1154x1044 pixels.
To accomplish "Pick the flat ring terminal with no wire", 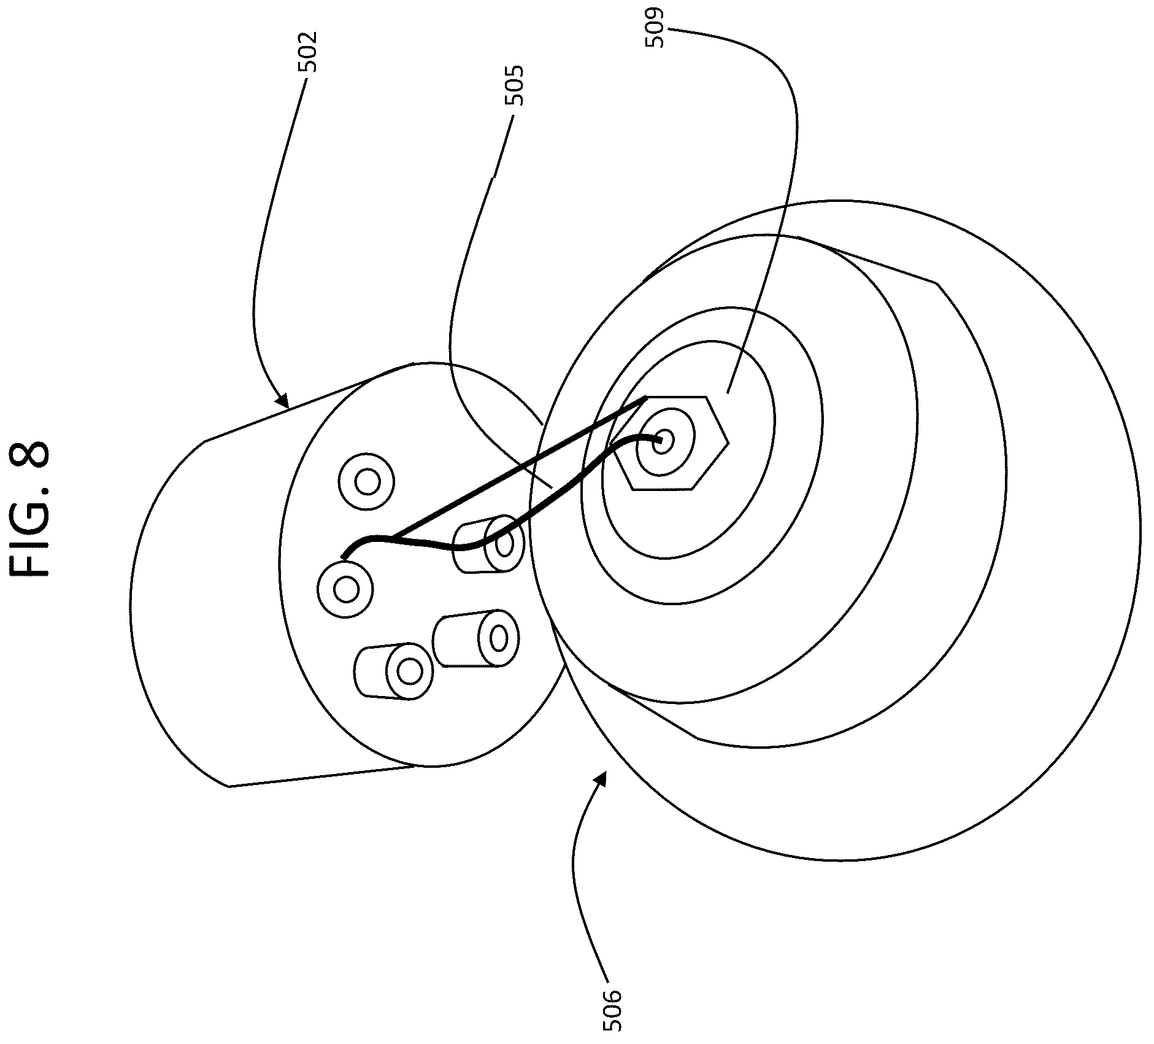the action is [367, 482].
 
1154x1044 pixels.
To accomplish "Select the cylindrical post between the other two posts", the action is [476, 639].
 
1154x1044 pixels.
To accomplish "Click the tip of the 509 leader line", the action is [728, 392].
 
